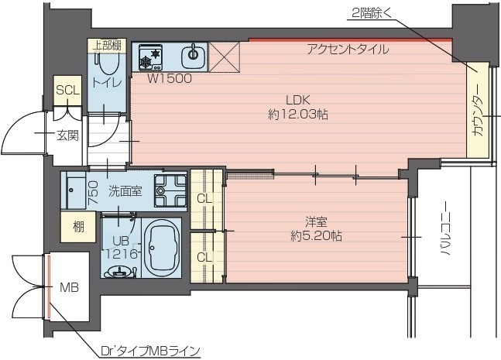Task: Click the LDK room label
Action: (297, 100)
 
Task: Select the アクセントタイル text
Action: (347, 50)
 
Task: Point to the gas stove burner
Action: (151, 56)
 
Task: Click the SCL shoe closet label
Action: (67, 91)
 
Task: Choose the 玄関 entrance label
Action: (66, 136)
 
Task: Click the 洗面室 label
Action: (124, 191)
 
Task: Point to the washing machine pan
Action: (170, 190)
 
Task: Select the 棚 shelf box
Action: (78, 226)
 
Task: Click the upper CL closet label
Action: (204, 198)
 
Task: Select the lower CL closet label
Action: (204, 256)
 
